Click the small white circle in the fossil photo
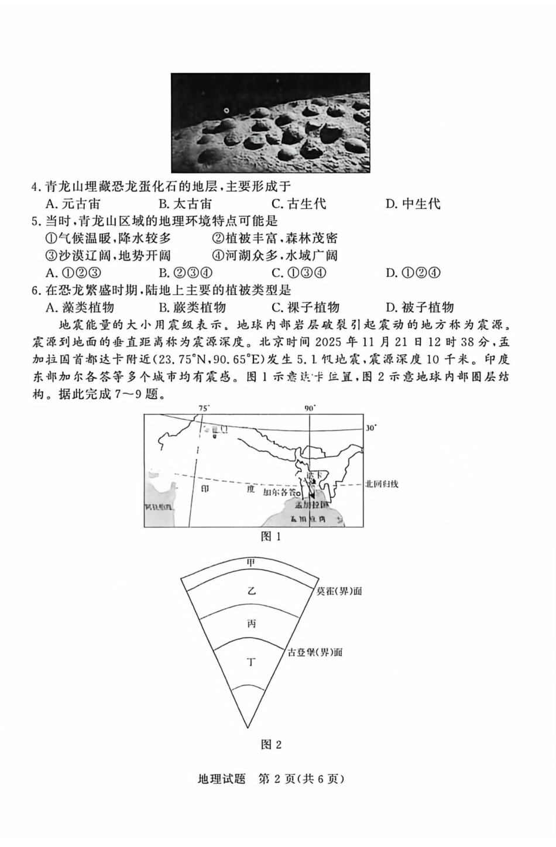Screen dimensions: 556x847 [226, 111]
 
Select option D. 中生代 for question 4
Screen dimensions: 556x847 [413, 204]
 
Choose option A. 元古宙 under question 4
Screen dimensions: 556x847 [73, 204]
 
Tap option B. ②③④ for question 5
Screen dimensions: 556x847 [185, 273]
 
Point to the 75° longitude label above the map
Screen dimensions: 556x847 [204, 408]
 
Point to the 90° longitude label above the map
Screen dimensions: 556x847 [310, 408]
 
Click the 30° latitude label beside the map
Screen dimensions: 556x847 [370, 428]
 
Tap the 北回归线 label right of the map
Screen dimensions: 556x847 [381, 483]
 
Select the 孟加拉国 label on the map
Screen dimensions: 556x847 [310, 505]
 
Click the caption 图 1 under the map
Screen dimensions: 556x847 [271, 536]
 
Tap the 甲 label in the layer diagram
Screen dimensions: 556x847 [252, 563]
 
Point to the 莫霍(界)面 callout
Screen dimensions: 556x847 [339, 591]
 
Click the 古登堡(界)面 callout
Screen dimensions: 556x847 [315, 652]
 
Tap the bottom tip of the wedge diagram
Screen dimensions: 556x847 [249, 728]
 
